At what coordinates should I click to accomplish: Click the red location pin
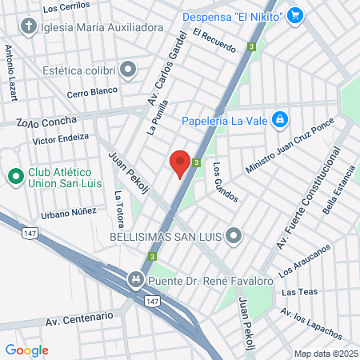pos(180,162)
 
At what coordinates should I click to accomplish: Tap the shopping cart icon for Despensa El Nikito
pos(296,14)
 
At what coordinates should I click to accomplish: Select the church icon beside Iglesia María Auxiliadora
pos(29,26)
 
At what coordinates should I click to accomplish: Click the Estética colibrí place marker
pos(128,70)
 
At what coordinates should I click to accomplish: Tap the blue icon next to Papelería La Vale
pos(279,120)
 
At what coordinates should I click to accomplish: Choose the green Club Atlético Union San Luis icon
pos(14,175)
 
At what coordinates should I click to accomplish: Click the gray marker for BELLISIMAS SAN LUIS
pos(234,236)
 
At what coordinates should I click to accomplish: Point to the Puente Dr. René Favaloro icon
pos(135,281)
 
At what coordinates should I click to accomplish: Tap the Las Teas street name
pos(298,293)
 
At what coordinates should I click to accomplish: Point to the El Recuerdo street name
pos(214,41)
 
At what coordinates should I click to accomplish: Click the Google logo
pos(26,350)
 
